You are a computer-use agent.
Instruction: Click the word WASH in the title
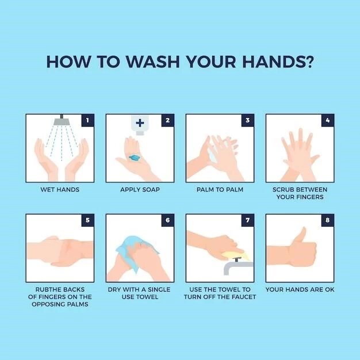click(x=152, y=62)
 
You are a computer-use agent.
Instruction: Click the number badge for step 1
click(x=87, y=120)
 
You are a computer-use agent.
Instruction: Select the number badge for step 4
click(x=328, y=120)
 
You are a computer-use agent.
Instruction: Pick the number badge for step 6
click(x=167, y=220)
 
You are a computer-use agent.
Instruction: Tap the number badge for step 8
click(x=328, y=220)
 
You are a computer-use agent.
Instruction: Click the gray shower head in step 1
click(x=62, y=120)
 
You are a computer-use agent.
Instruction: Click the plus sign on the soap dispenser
click(x=140, y=123)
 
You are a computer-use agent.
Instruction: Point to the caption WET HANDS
click(x=60, y=190)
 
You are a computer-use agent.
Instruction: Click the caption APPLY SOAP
click(x=140, y=190)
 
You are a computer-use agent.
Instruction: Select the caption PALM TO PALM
click(x=220, y=190)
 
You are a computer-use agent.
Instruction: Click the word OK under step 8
click(x=330, y=289)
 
